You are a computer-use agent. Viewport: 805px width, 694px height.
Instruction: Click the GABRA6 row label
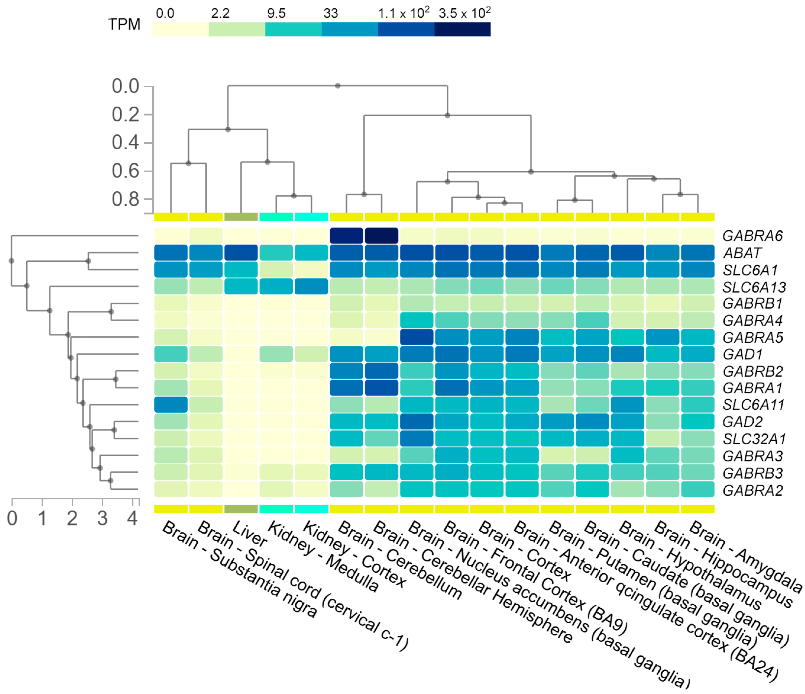click(752, 236)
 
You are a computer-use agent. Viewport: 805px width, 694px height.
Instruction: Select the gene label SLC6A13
click(754, 287)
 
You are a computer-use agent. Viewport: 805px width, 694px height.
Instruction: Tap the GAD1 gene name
click(743, 355)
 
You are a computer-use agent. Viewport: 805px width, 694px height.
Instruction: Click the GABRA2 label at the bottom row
click(752, 491)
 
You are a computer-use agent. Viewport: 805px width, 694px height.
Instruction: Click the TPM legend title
click(124, 24)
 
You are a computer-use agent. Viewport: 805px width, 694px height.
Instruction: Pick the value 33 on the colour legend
click(331, 14)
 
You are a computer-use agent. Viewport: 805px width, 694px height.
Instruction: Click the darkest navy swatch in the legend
click(462, 29)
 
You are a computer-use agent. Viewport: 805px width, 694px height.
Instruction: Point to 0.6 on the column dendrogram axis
click(125, 171)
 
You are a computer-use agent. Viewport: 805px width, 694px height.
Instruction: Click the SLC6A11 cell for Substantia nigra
click(171, 405)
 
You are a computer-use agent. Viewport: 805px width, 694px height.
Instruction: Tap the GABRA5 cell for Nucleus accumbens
click(417, 337)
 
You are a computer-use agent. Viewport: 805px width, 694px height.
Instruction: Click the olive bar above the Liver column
click(241, 217)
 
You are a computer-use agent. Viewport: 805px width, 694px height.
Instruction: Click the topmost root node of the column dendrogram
click(338, 85)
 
